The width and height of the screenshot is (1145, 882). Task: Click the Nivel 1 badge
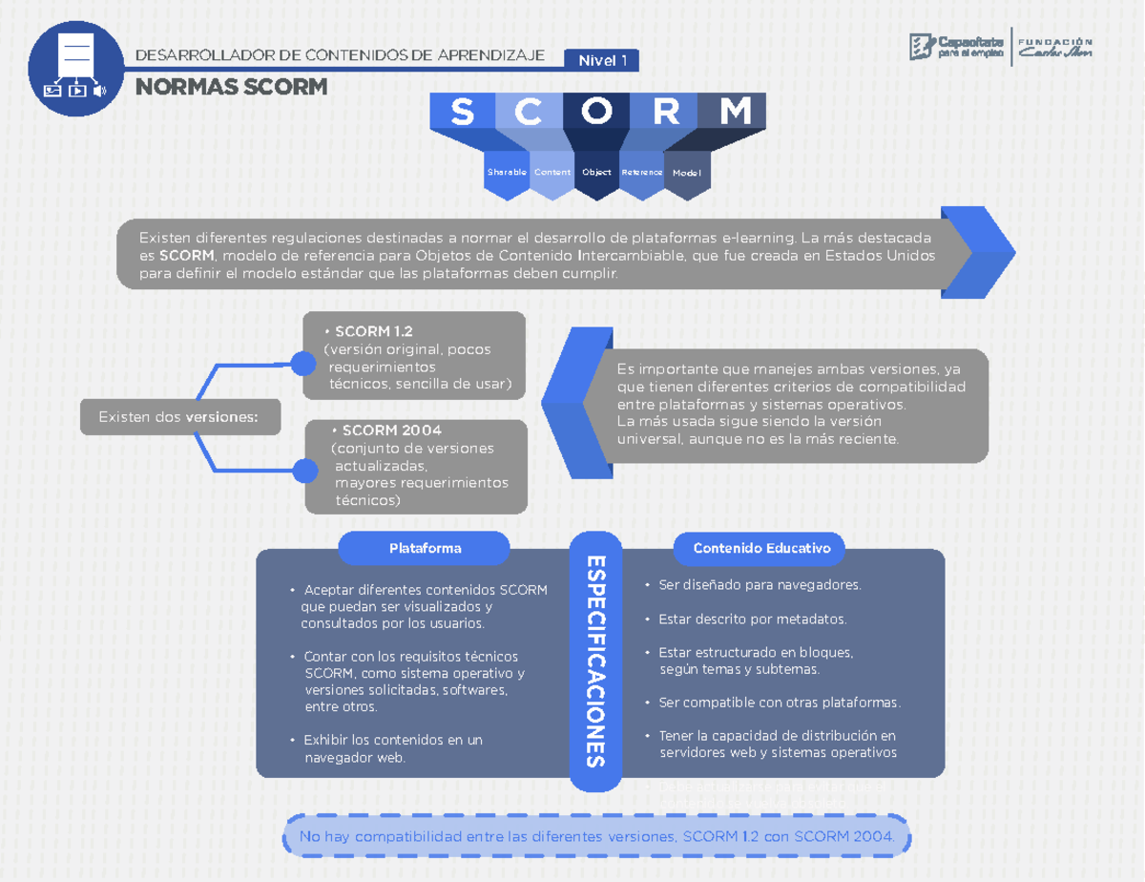pos(601,61)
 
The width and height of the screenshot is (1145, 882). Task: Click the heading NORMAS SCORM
pos(232,88)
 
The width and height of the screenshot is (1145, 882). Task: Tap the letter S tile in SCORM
pos(462,112)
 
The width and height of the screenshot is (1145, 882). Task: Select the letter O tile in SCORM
pos(597,112)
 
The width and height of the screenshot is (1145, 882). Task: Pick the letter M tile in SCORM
pos(734,112)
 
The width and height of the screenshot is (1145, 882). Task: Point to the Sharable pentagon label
pos(507,173)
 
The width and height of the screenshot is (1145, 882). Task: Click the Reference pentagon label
pos(642,173)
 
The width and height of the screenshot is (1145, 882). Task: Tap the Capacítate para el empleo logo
pos(956,47)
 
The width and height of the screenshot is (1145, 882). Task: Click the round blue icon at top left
pos(76,69)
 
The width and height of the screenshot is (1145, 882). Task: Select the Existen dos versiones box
pos(180,417)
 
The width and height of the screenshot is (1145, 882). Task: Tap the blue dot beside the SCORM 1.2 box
pos(303,364)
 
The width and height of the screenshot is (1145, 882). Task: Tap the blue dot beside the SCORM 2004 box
pos(305,471)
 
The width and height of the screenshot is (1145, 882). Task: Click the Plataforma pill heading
pos(425,548)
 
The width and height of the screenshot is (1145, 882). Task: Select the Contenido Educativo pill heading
pos(761,548)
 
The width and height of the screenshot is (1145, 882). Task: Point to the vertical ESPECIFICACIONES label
pos(595,661)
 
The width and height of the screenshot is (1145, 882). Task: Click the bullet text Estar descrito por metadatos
pos(752,619)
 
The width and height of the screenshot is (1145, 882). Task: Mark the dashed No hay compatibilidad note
pos(597,837)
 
